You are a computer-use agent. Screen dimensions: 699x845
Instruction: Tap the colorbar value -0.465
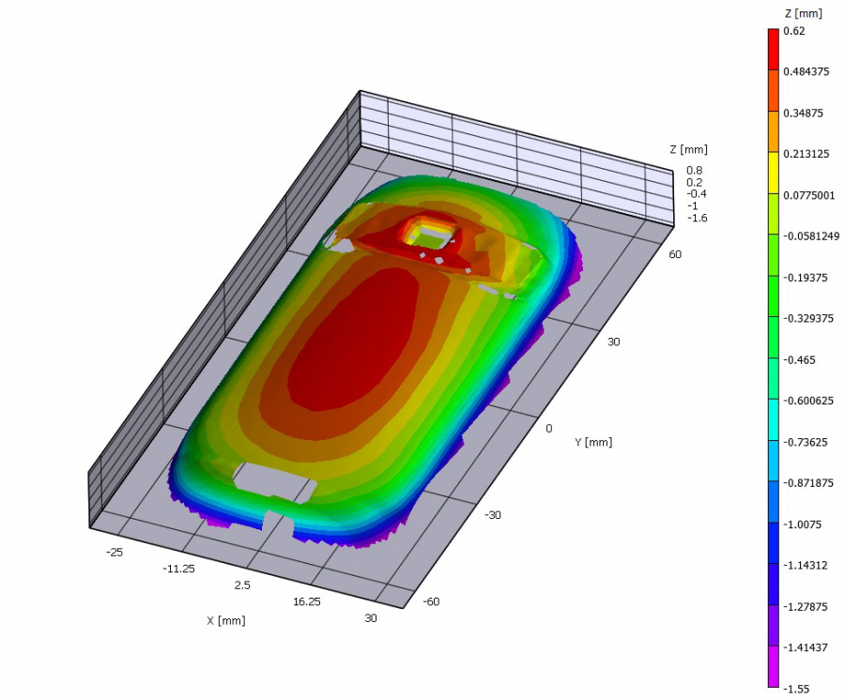coord(797,359)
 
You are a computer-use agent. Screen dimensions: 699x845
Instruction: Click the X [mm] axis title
coord(226,620)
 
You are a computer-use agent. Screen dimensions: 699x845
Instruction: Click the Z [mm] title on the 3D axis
coord(688,149)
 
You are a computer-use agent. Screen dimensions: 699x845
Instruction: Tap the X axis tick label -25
coord(115,553)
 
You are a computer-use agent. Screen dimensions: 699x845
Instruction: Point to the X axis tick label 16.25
coord(307,600)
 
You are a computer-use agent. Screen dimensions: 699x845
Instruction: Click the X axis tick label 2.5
coord(241,585)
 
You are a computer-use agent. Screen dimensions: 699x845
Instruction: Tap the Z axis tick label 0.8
coord(694,170)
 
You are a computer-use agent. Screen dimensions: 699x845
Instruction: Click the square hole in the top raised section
coord(430,235)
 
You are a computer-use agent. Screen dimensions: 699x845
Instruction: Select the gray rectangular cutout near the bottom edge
coord(273,479)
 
